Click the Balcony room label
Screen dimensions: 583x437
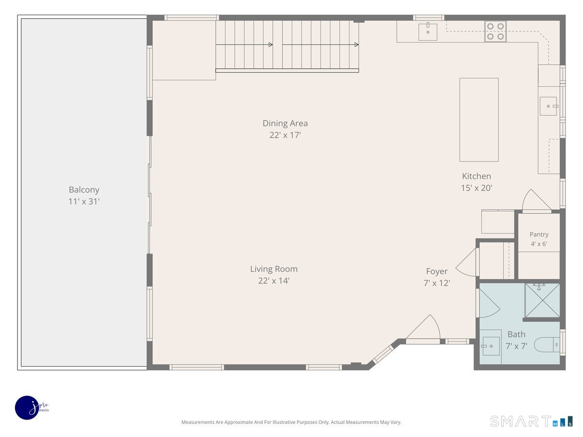tap(84, 190)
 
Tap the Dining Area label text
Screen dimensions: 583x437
tap(285, 123)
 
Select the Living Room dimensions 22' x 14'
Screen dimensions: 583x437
tap(274, 281)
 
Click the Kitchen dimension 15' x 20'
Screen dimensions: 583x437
tap(477, 188)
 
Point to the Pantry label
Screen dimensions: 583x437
tap(539, 235)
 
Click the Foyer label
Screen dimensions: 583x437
tap(437, 271)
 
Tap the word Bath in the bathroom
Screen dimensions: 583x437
tap(516, 335)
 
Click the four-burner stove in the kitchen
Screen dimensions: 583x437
tap(496, 31)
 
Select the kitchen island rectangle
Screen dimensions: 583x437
tap(479, 119)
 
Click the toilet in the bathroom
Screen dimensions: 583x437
tap(547, 345)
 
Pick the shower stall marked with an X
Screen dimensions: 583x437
tap(542, 301)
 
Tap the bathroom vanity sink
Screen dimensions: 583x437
tap(491, 346)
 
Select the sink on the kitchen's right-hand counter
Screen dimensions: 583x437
tap(549, 106)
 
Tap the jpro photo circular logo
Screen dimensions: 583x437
tap(28, 408)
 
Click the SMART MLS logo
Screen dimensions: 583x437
tap(531, 421)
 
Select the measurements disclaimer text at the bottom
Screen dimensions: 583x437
tap(291, 422)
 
